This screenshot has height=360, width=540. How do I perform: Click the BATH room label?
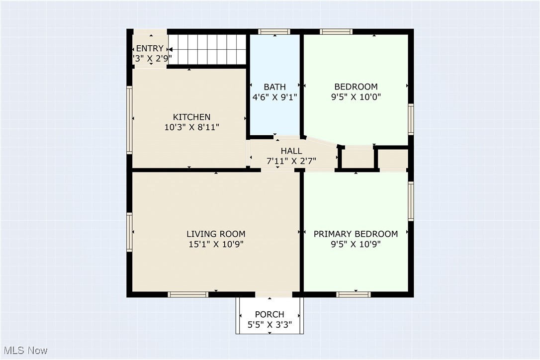click(x=274, y=87)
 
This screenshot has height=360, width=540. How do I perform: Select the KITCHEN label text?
click(x=191, y=117)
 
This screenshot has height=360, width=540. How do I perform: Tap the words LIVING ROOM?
click(x=216, y=234)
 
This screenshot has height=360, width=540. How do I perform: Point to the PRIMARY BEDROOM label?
click(x=356, y=234)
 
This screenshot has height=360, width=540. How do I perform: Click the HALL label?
click(x=291, y=151)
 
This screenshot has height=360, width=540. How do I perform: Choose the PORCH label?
click(x=270, y=314)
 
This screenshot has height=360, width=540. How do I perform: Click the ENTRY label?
click(x=149, y=48)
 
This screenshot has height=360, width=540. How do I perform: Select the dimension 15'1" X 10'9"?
click(x=216, y=244)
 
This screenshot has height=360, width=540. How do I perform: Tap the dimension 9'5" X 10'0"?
click(x=356, y=97)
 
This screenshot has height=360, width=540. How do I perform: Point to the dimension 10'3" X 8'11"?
click(x=191, y=127)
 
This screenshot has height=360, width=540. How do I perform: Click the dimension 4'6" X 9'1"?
click(x=274, y=97)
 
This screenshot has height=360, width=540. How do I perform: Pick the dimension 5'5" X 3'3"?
click(x=270, y=325)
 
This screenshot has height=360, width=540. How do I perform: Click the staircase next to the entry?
click(x=208, y=49)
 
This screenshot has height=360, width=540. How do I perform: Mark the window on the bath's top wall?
click(x=274, y=32)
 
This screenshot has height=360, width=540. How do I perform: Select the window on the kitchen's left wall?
click(x=129, y=120)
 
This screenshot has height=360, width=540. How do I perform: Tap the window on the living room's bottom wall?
click(x=188, y=294)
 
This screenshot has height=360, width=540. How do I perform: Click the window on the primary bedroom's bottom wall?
click(x=354, y=294)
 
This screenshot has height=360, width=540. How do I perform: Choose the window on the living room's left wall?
click(x=129, y=232)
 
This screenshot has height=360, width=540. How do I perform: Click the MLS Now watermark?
click(x=24, y=351)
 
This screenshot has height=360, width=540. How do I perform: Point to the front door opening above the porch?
click(x=273, y=294)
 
